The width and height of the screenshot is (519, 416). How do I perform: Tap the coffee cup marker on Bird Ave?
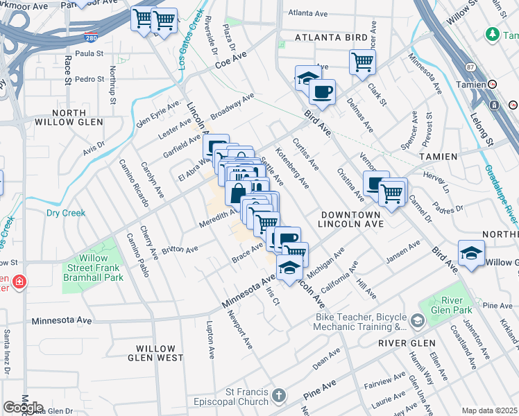point(321,90)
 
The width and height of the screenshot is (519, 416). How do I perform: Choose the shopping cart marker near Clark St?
point(362,61)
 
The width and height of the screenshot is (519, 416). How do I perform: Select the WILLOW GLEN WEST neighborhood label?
point(160,353)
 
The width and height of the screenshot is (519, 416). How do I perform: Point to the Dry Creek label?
point(66,213)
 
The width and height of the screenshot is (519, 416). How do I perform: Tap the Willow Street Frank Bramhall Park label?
point(95,268)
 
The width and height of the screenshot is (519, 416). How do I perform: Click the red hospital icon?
point(19,282)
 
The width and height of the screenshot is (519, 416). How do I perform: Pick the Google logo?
point(23,408)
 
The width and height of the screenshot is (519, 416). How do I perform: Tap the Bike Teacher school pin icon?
point(417,320)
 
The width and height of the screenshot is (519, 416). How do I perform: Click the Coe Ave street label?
point(231,63)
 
